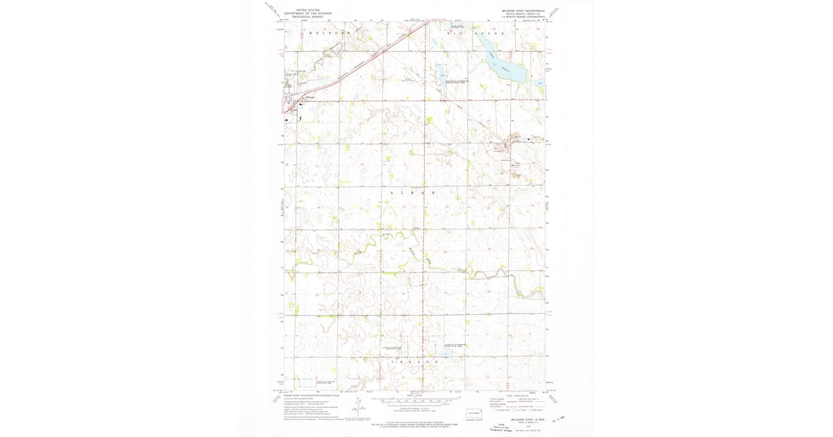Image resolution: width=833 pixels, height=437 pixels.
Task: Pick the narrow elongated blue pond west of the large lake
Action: click(440, 71)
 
